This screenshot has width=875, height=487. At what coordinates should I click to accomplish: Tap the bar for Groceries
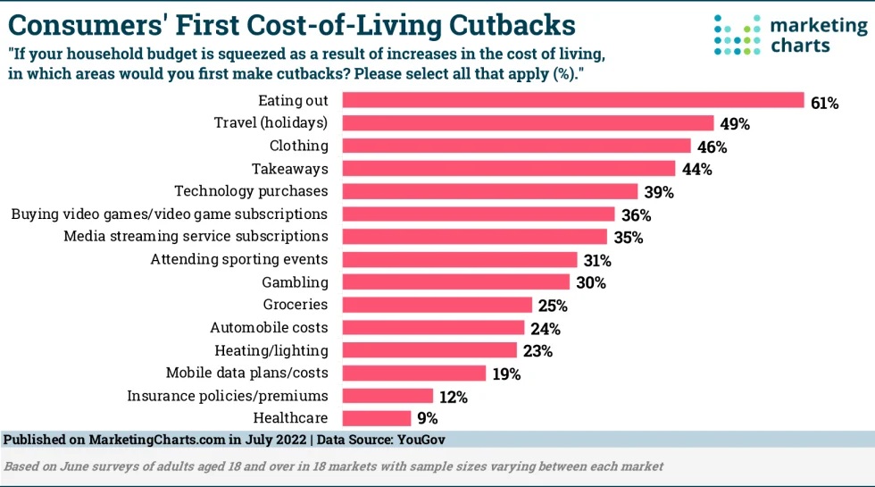[437, 305]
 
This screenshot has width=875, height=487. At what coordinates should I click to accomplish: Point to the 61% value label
[824, 103]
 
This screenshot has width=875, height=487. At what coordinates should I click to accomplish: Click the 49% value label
[734, 124]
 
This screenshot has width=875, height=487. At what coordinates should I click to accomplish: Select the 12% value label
[453, 396]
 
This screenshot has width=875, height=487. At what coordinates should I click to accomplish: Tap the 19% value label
[505, 374]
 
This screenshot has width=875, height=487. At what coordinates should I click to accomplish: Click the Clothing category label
[299, 146]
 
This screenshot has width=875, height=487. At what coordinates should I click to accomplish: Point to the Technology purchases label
[251, 191]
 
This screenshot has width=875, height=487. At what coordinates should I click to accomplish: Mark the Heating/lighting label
[271, 350]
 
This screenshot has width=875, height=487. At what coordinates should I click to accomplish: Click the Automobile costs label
[269, 327]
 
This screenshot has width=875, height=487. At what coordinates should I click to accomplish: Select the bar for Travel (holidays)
[529, 123]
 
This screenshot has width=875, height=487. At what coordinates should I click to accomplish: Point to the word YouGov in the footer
[421, 440]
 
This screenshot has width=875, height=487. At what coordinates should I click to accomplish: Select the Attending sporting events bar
[459, 260]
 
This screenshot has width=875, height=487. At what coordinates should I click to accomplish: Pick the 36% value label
[635, 215]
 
